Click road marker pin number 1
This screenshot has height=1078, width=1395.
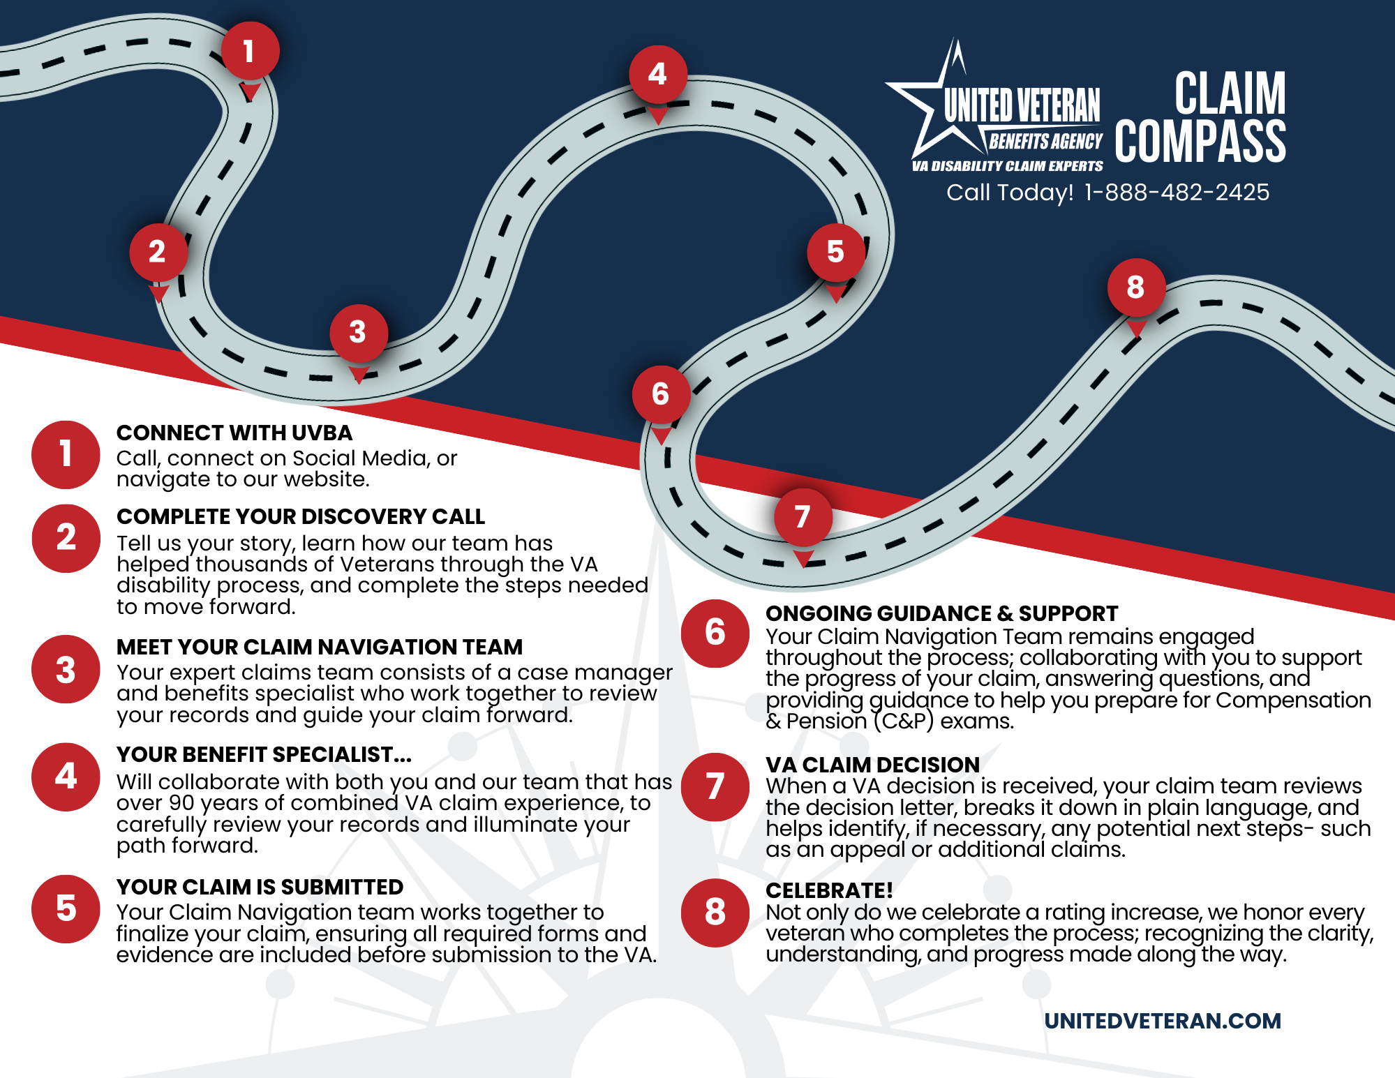(250, 51)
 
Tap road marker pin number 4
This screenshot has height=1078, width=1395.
(657, 75)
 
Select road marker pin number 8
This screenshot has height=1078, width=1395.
(1135, 287)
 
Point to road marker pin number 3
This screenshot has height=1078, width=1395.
(358, 333)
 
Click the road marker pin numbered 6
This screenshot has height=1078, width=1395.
(660, 394)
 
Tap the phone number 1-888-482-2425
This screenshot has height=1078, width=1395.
(1177, 193)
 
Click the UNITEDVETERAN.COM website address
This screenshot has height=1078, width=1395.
(1162, 1021)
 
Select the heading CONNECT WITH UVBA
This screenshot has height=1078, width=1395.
(234, 433)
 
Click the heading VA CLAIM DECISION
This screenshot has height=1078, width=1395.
(872, 765)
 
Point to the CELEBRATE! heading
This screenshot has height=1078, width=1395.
(829, 890)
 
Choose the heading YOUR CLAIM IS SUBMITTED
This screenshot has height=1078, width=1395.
(260, 887)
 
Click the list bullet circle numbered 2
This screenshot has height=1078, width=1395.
(66, 538)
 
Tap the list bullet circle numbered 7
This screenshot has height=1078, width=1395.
(715, 787)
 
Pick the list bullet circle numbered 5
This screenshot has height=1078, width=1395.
(66, 909)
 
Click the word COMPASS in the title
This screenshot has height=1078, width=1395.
(1200, 142)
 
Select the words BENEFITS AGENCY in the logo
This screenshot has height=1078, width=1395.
(1045, 142)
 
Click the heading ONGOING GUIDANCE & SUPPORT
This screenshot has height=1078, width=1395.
(941, 613)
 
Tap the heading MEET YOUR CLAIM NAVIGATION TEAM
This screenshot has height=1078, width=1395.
(319, 647)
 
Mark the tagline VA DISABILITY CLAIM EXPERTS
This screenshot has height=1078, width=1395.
(1007, 166)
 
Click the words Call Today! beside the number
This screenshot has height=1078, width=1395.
(1009, 193)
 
